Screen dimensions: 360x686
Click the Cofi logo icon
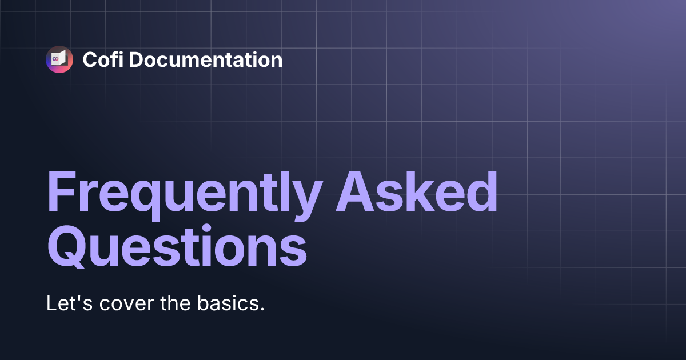(x=59, y=59)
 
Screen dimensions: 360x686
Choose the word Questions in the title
(x=176, y=247)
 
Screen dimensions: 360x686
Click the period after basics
(x=262, y=309)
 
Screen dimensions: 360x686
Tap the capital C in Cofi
(x=89, y=59)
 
